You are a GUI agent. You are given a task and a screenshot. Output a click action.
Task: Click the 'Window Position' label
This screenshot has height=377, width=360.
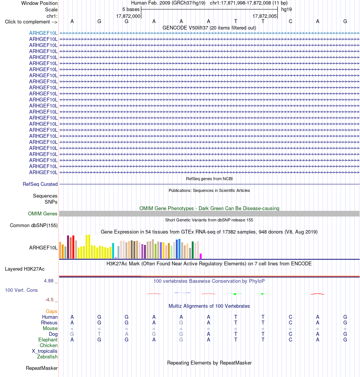tap(39, 3)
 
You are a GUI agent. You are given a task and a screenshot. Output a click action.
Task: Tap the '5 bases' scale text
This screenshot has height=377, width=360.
tap(131, 9)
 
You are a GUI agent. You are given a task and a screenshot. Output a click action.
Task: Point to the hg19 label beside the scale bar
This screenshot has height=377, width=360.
tap(286, 9)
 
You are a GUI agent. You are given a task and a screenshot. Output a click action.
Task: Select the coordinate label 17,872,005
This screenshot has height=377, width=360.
tap(265, 16)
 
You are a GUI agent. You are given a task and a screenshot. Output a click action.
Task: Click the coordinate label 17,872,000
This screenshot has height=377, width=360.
tap(128, 16)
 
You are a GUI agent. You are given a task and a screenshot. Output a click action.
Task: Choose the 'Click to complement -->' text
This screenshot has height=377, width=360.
tap(31, 22)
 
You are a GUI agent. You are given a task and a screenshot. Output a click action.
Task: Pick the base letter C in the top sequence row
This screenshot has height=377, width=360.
tap(290, 22)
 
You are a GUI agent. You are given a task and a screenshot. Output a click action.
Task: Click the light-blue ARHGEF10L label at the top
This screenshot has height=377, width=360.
tap(43, 33)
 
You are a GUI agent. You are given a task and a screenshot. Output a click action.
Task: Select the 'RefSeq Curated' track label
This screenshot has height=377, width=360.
tap(40, 184)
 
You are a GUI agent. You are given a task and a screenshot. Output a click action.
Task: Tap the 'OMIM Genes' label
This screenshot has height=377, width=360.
tap(42, 214)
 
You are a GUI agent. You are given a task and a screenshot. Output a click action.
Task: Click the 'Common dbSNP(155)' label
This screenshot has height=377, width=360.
tap(34, 226)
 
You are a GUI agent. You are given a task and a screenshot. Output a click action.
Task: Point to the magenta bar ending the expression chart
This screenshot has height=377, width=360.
tap(201, 256)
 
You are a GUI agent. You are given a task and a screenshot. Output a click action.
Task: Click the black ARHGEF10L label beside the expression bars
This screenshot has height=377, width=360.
tap(43, 248)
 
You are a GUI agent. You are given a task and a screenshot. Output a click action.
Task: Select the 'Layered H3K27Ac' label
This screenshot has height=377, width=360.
tap(25, 269)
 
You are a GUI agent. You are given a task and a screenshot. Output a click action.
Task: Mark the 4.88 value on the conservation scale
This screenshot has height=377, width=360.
tap(49, 281)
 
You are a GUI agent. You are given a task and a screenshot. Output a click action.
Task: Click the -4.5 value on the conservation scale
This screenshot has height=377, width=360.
tap(49, 300)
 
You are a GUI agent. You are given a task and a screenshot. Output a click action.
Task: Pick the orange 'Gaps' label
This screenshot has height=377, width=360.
tap(52, 312)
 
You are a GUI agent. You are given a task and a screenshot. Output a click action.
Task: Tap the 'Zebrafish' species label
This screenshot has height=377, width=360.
tap(47, 357)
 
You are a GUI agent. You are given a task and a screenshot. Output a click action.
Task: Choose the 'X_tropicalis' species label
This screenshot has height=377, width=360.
tap(45, 351)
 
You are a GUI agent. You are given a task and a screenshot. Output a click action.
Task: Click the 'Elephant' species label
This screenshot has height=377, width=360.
tap(48, 340)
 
